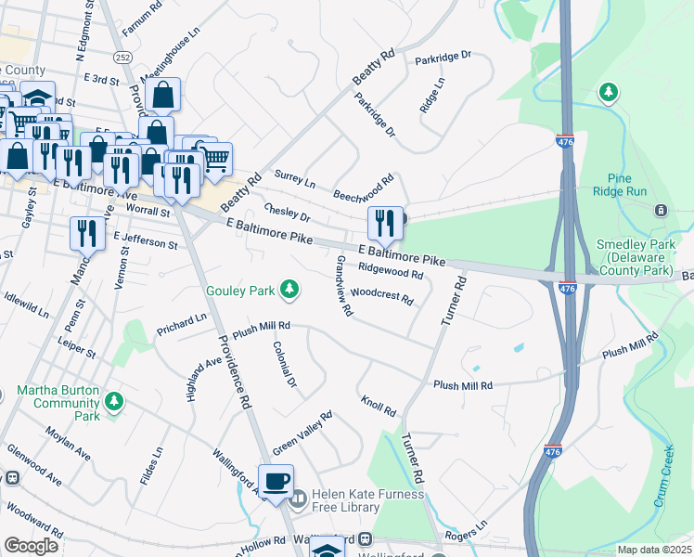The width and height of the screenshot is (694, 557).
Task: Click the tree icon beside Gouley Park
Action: point(290,291)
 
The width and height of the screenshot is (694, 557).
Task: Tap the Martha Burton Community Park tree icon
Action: point(114,401)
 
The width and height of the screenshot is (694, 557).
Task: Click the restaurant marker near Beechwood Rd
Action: point(385,224)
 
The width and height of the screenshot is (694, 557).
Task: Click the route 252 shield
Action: point(122,57)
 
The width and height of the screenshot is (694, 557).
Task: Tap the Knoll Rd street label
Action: point(378,405)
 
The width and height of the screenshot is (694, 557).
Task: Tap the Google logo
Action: point(31,546)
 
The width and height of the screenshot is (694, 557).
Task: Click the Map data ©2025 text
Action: point(653,551)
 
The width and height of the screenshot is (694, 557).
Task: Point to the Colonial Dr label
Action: point(284,364)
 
